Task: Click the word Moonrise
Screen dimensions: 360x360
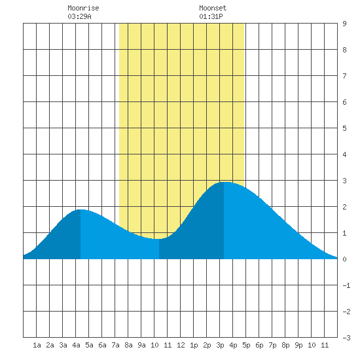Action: (x=83, y=8)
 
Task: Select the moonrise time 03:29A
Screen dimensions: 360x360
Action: (x=79, y=16)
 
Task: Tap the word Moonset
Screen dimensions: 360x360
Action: (x=213, y=8)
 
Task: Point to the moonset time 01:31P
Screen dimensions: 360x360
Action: (x=211, y=16)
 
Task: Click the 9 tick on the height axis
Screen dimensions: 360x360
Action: (x=344, y=24)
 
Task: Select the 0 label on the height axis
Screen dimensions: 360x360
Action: (x=344, y=259)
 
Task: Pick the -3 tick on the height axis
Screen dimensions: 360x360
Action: (x=346, y=338)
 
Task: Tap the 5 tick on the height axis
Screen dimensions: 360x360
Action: (x=344, y=128)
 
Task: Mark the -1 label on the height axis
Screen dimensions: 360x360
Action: (x=346, y=285)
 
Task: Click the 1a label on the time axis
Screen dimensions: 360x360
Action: (x=37, y=345)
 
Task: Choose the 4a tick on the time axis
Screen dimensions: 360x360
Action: (x=76, y=345)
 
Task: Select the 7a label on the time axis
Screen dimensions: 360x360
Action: (x=115, y=345)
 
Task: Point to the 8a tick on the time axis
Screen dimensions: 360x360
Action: (x=128, y=345)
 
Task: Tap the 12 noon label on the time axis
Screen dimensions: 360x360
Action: (x=181, y=345)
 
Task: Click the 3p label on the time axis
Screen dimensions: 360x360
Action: (x=220, y=345)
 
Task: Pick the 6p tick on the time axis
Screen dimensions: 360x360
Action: (x=259, y=345)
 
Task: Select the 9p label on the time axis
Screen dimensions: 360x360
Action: (x=298, y=345)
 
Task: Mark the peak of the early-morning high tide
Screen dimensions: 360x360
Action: (x=81, y=209)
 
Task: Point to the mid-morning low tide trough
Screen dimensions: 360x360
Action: (x=159, y=239)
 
